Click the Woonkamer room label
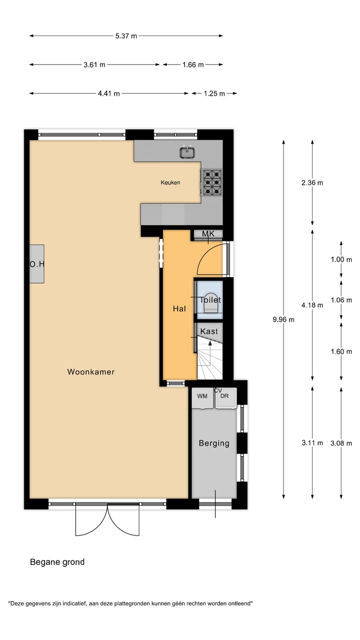91,371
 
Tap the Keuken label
170,182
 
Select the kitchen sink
188,151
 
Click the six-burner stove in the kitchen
212,182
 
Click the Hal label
179,309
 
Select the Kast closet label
208,331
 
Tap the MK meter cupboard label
208,234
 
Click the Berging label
214,443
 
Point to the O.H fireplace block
36,264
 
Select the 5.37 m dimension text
126,35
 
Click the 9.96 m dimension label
283,319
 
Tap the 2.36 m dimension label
312,182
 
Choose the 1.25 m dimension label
214,93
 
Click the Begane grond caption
57,562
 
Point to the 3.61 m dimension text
94,64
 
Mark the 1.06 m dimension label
341,300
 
